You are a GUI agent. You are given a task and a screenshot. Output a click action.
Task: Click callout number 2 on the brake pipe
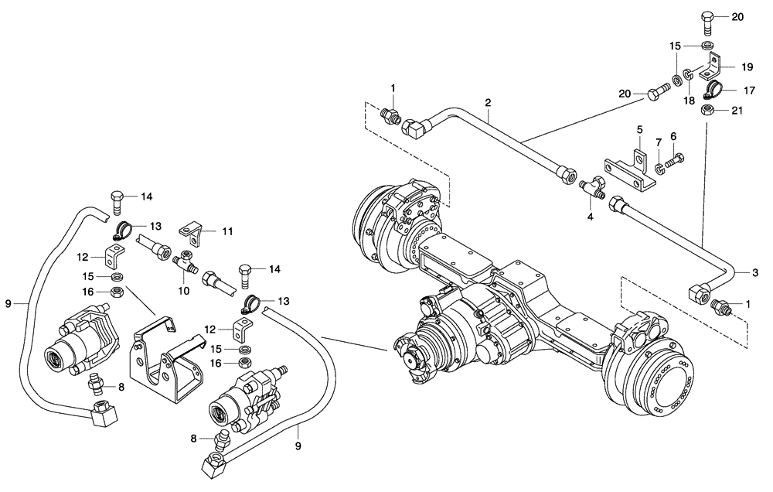488,102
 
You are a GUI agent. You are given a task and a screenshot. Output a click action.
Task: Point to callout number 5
640,128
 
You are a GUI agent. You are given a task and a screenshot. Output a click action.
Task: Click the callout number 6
673,136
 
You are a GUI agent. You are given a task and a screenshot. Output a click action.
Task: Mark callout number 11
227,231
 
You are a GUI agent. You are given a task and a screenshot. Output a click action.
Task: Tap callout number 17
749,90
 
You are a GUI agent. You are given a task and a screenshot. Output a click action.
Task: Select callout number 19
747,67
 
